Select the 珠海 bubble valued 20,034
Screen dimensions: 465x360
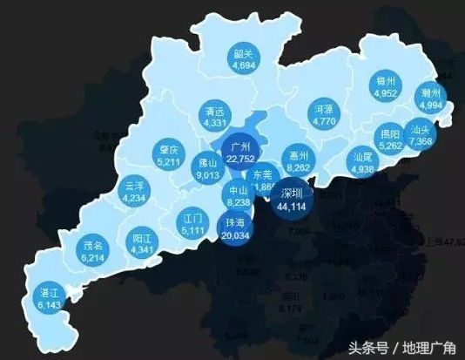[x=235, y=228]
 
